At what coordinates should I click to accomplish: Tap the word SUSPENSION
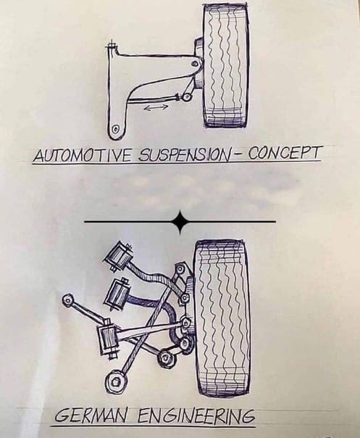pos(184,155)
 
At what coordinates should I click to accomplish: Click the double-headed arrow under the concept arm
pos(156,107)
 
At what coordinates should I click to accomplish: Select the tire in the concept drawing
pos(225,65)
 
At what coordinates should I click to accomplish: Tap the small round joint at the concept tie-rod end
pos(186,97)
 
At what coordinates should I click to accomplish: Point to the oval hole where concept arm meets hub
pos(196,64)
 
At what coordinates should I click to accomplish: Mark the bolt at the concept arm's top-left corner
pos(112,46)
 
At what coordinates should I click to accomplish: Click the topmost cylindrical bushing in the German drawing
pos(118,257)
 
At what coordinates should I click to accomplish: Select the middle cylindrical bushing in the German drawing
pos(117,294)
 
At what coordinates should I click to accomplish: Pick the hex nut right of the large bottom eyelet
pos(166,358)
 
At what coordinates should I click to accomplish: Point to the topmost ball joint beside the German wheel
pos(180,270)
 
